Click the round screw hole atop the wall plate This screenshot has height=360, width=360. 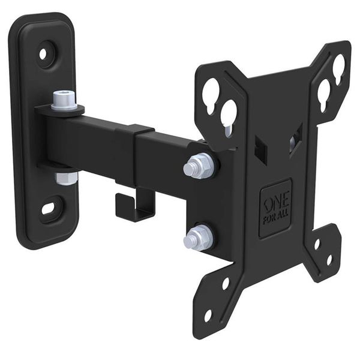(x=43, y=53)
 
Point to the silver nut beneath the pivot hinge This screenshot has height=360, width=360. (x=66, y=178)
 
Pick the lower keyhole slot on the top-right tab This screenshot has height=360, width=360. (x=324, y=92)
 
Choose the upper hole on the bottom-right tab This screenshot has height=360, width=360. (x=316, y=244)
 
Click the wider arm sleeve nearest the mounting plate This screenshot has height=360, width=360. (x=168, y=155)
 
